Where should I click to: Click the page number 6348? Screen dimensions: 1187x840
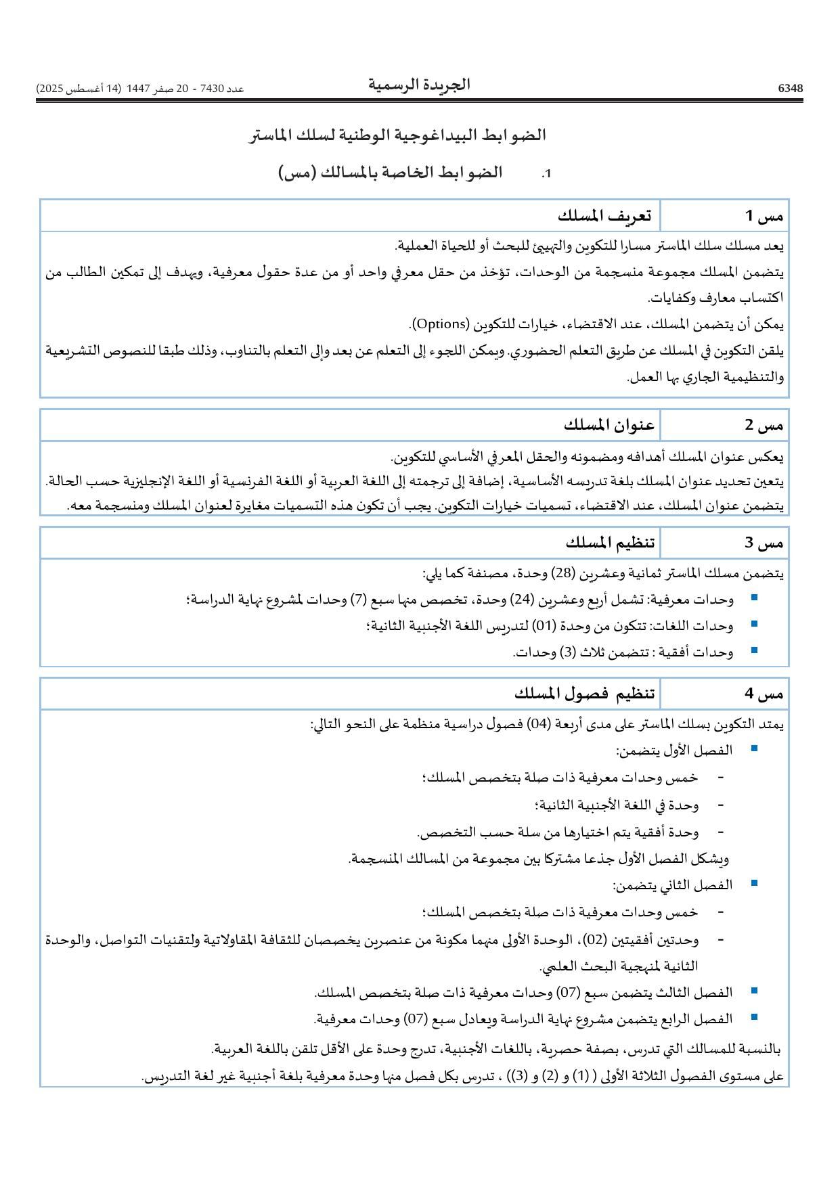pyautogui.click(x=790, y=89)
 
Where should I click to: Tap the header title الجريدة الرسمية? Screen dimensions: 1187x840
pyautogui.click(x=419, y=85)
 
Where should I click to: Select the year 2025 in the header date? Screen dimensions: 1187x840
pyautogui.click(x=49, y=89)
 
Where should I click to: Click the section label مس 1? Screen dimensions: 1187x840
pyautogui.click(x=764, y=216)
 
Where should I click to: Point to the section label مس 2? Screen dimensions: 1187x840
pyautogui.click(x=764, y=425)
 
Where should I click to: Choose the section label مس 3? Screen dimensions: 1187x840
pyautogui.click(x=764, y=543)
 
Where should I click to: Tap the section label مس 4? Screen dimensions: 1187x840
pyautogui.click(x=764, y=694)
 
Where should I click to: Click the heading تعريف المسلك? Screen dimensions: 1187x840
pyautogui.click(x=604, y=216)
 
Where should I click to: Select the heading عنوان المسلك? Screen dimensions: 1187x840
pyautogui.click(x=609, y=425)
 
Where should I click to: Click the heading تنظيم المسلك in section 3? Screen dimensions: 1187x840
pyautogui.click(x=610, y=543)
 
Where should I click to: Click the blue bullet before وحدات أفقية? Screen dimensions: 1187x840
pyautogui.click(x=754, y=650)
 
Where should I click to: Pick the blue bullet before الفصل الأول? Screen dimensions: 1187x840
pyautogui.click(x=754, y=748)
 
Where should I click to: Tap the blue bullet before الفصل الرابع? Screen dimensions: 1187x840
pyautogui.click(x=754, y=1016)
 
